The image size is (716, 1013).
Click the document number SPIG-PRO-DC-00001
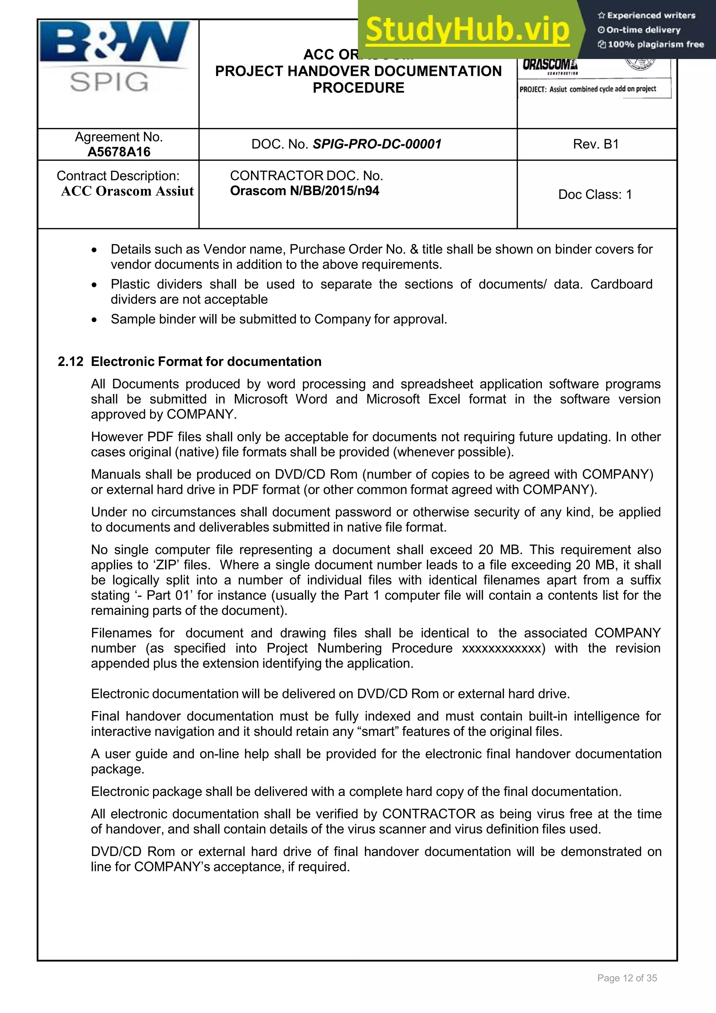tap(377, 144)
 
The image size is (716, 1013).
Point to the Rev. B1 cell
tap(596, 144)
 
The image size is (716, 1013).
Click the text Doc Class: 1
tap(595, 195)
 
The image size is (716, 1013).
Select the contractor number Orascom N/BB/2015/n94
tap(305, 191)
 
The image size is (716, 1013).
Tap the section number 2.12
tap(70, 361)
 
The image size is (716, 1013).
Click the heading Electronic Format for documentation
tap(206, 361)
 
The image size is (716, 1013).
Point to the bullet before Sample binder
tap(94, 320)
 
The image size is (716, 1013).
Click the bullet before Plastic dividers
tap(94, 285)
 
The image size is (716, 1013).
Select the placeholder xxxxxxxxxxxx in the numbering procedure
tap(502, 648)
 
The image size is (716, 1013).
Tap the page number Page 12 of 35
tap(627, 978)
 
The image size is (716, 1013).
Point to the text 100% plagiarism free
tap(656, 44)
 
